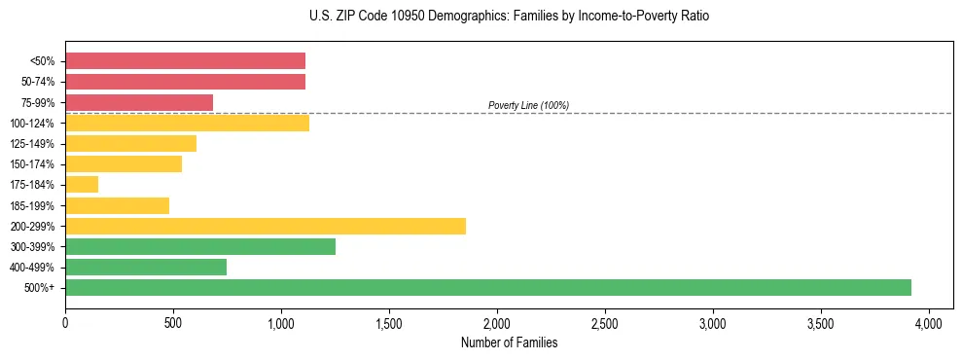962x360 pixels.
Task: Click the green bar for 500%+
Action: pyautogui.click(x=487, y=287)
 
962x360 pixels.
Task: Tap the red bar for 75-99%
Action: pyautogui.click(x=138, y=102)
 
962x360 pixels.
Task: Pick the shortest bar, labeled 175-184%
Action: pyautogui.click(x=82, y=185)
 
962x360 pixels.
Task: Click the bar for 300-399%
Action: pyautogui.click(x=199, y=246)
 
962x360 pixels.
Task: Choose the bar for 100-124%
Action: pyautogui.click(x=187, y=123)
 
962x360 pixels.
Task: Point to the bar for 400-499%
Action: pyautogui.click(x=145, y=267)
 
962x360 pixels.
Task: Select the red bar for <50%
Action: pyautogui.click(x=185, y=60)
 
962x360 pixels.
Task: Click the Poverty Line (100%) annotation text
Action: pyautogui.click(x=528, y=105)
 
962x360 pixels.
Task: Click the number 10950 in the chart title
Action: pyautogui.click(x=391, y=17)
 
